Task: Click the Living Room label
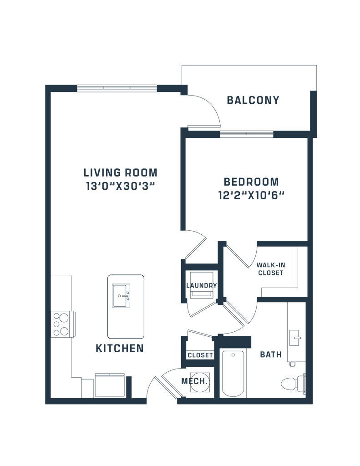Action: [120, 172]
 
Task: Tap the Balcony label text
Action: [253, 100]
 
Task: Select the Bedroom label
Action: [251, 182]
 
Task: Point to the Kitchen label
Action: [120, 349]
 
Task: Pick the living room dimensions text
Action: [120, 186]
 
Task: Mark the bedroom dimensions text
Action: [251, 196]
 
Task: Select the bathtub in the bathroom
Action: [234, 374]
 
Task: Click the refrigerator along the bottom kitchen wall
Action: [109, 385]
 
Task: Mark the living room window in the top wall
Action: [117, 87]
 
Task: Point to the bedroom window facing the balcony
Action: [247, 134]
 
